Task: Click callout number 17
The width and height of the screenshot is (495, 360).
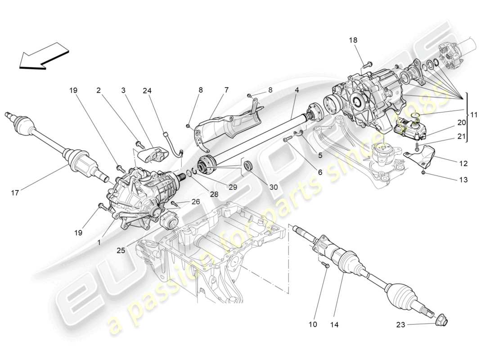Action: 15,193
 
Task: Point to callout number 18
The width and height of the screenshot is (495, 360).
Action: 353,40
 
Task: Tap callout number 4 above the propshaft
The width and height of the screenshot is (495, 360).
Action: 297,90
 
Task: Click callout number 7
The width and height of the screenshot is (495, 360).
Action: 226,90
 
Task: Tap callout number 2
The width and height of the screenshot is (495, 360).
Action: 98,90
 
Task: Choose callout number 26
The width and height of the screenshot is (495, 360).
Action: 195,201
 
